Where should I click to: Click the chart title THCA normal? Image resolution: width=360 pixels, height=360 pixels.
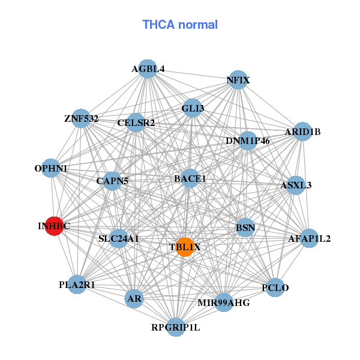click(180, 25)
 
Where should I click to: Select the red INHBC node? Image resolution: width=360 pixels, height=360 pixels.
click(55, 226)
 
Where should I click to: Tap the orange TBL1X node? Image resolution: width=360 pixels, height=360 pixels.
click(185, 247)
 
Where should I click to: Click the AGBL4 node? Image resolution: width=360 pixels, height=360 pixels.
click(148, 69)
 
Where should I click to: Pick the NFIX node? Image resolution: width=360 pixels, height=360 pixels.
click(238, 80)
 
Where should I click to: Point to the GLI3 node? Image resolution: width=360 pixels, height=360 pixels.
click(193, 108)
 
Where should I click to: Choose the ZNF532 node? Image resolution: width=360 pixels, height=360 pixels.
click(82, 118)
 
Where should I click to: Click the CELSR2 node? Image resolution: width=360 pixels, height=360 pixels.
click(136, 123)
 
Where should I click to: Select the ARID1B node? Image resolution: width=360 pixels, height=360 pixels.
click(302, 131)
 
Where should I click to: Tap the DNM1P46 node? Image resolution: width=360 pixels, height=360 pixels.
click(248, 140)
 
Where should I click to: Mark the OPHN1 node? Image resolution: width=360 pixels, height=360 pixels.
click(51, 169)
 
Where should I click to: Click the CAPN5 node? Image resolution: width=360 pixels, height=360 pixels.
click(112, 180)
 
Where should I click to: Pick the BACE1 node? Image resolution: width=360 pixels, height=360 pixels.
click(190, 178)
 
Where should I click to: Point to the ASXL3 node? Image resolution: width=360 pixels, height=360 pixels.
click(296, 185)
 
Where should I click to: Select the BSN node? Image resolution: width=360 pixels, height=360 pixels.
click(245, 227)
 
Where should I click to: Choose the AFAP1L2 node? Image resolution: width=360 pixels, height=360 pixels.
click(309, 238)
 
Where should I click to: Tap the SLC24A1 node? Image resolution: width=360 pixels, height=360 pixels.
click(118, 239)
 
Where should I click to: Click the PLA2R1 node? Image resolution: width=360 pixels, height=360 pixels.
click(77, 284)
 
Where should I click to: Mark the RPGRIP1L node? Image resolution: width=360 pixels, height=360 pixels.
click(175, 327)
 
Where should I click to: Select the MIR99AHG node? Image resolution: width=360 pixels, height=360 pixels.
click(223, 302)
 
